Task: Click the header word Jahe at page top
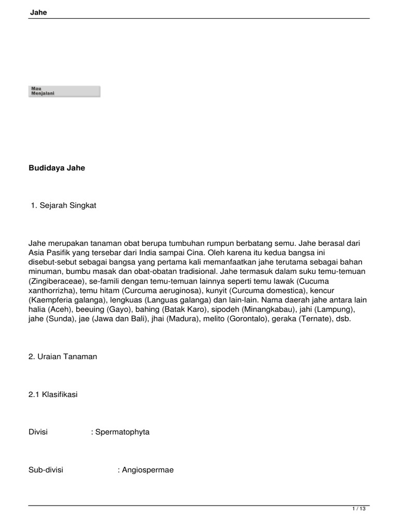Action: click(x=38, y=12)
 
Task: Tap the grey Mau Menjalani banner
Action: click(x=64, y=92)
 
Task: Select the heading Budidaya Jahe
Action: click(x=56, y=168)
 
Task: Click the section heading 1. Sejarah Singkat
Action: click(x=64, y=205)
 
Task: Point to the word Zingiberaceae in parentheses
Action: click(x=53, y=281)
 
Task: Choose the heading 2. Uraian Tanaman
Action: click(x=63, y=357)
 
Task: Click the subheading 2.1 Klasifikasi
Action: click(x=53, y=394)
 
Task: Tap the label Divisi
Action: click(x=38, y=432)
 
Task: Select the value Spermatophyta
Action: click(x=122, y=432)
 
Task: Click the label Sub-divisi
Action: click(x=46, y=470)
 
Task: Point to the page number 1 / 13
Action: click(x=359, y=509)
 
